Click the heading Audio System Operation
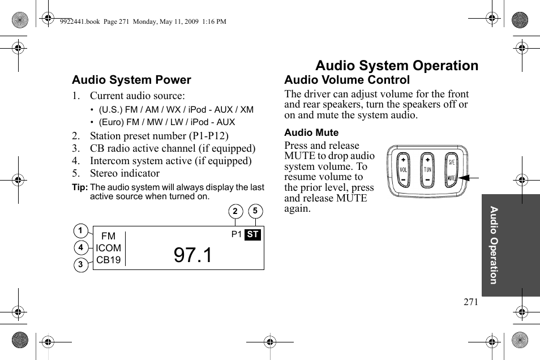point(396,66)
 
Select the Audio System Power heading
point(131,80)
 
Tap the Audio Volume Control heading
point(346,80)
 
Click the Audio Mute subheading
point(311,132)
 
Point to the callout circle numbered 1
point(80,230)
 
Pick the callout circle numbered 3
point(80,264)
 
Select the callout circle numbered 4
point(80,247)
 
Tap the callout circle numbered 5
point(255,211)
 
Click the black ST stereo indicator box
point(253,234)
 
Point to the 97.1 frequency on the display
point(193,255)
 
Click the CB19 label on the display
point(108,260)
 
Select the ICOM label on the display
point(108,248)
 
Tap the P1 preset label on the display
point(237,234)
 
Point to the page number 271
point(470,302)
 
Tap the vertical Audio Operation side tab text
point(494,245)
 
